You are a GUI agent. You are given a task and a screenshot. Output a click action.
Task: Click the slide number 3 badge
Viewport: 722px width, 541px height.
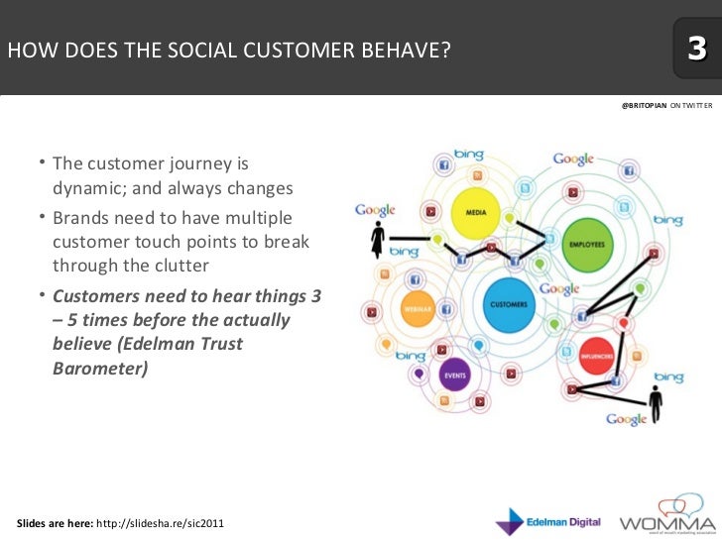[696, 49]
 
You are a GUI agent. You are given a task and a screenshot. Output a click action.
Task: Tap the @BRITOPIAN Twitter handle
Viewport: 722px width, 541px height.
[644, 104]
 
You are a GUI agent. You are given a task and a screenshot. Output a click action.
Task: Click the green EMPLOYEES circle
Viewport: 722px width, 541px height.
[583, 243]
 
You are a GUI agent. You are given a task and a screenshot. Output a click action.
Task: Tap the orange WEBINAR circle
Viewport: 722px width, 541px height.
[418, 308]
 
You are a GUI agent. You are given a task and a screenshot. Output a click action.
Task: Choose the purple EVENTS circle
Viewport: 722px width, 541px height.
[455, 375]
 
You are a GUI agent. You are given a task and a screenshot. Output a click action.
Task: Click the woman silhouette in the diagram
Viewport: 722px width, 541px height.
[377, 241]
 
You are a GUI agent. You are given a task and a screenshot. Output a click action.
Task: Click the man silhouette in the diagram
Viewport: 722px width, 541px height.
[654, 401]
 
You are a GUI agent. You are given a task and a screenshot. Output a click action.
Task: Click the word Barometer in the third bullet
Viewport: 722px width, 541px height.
[100, 369]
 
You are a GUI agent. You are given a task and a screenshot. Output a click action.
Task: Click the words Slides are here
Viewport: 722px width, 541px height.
[54, 522]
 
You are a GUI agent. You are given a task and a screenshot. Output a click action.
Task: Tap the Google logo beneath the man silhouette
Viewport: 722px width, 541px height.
[626, 420]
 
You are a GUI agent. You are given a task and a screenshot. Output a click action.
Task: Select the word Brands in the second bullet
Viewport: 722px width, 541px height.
[79, 217]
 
